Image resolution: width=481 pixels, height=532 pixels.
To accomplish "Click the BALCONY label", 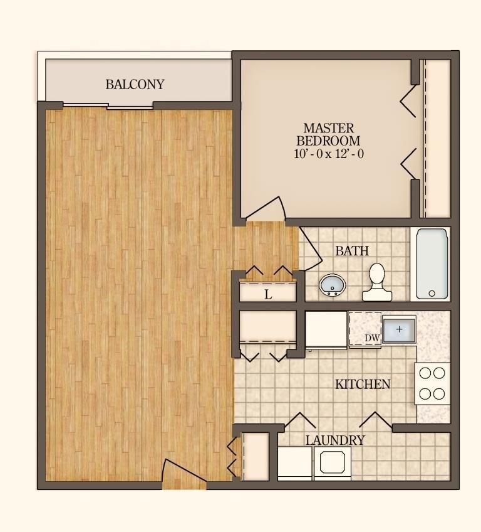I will pos(135,84).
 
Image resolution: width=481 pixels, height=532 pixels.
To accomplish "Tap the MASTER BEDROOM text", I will pos(328,134).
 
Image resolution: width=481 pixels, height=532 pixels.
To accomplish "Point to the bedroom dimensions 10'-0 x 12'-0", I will pos(328,154).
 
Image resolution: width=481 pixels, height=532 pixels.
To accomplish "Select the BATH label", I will pos(352,251).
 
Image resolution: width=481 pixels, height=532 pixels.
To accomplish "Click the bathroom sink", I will pos(332,286).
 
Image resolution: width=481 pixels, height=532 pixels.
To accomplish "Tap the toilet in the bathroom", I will pos(376,282).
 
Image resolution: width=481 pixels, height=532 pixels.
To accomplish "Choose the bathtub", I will pos(432,263).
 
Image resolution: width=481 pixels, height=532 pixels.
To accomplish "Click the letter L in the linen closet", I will pos(268,294).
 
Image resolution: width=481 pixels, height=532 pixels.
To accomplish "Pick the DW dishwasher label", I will pos(372,338).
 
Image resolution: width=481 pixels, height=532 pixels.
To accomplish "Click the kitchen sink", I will pos(399,330).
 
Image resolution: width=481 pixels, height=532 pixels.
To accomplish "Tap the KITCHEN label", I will pos(363,384).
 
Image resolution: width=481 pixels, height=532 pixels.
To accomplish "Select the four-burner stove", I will pos(432,383).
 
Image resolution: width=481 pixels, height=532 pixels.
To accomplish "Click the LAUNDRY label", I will pos(334,440).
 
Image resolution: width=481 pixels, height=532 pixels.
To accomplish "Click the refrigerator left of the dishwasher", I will pos(326,329).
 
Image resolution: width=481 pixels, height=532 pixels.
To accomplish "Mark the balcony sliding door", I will pos(108,106).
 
